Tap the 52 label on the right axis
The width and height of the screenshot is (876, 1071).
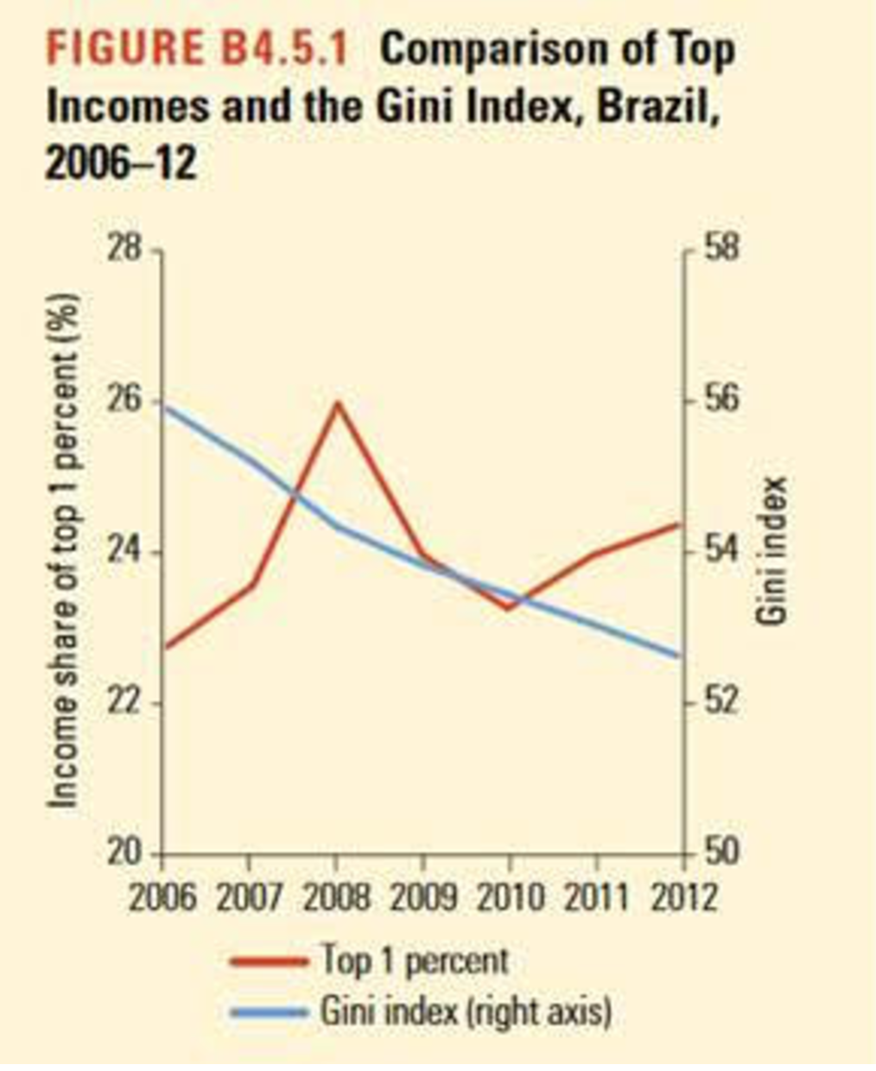713,703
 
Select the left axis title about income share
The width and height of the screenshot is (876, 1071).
64,550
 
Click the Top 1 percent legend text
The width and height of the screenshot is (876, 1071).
416,960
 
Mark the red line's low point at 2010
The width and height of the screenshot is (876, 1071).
509,608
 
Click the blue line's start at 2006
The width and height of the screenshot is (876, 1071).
164,406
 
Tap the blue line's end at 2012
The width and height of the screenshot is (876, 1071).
682,656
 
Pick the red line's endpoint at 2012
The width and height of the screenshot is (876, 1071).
682,523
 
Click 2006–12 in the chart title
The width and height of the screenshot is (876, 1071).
121,162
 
